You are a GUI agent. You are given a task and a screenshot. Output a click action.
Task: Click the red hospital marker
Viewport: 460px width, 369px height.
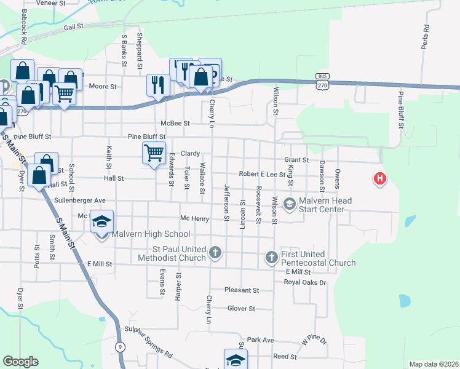point(381,179)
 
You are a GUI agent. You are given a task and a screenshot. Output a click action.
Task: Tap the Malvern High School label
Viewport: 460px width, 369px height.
point(151,234)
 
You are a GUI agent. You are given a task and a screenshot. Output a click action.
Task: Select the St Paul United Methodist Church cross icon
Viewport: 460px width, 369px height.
point(215,252)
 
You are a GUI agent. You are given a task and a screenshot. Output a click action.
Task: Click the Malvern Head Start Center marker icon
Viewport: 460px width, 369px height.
point(290,203)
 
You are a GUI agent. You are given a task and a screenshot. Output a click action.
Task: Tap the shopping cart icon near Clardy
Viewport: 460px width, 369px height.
point(154,151)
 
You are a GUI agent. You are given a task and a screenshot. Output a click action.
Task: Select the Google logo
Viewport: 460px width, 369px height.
point(21,362)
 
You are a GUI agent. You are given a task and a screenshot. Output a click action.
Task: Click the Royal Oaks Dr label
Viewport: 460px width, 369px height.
point(305,282)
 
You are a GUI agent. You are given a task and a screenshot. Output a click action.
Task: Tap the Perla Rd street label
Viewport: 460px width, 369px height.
point(424,37)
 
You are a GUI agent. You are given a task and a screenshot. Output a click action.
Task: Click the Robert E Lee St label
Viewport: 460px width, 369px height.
point(263,175)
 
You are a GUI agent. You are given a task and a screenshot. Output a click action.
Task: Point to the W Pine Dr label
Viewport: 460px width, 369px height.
point(314,339)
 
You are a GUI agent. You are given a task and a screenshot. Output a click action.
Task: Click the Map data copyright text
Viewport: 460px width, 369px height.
point(434,364)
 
